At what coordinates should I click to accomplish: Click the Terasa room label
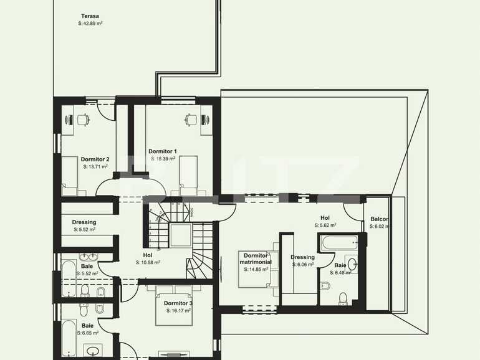[x=90, y=16]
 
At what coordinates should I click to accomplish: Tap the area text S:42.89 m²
[x=90, y=23]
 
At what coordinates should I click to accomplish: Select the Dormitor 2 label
[x=95, y=159]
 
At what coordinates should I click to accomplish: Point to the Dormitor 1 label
[x=163, y=151]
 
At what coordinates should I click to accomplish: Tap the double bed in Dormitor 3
[x=175, y=305]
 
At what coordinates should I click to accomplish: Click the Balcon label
[x=379, y=219]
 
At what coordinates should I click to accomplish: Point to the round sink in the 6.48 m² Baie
[x=351, y=264]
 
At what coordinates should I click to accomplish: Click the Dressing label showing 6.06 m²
[x=302, y=257]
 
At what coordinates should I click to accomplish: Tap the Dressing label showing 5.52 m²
[x=84, y=222]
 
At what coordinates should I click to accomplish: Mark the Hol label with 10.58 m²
[x=148, y=255]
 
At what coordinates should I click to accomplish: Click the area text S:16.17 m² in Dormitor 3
[x=178, y=310]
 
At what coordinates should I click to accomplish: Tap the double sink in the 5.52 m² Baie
[x=88, y=256]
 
